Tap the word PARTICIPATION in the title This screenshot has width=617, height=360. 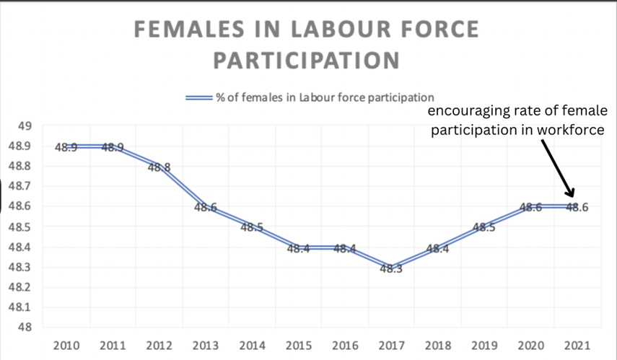pyautogui.click(x=307, y=59)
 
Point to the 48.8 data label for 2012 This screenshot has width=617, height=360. pyautogui.click(x=159, y=167)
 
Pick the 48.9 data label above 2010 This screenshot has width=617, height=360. pyautogui.click(x=66, y=147)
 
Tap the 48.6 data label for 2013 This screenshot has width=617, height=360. pyautogui.click(x=206, y=208)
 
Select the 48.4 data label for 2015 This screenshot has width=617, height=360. pyautogui.click(x=297, y=248)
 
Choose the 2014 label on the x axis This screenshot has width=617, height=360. pyautogui.click(x=251, y=344)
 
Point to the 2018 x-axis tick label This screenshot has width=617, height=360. pyautogui.click(x=437, y=344)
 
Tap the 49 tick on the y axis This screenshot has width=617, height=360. pyautogui.click(x=24, y=126)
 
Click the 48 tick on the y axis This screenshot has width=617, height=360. pyautogui.click(x=24, y=328)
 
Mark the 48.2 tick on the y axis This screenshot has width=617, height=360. pyautogui.click(x=19, y=287)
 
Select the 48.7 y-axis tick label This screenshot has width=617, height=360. pyautogui.click(x=19, y=186)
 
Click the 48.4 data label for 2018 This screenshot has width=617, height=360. pyautogui.click(x=437, y=248)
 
